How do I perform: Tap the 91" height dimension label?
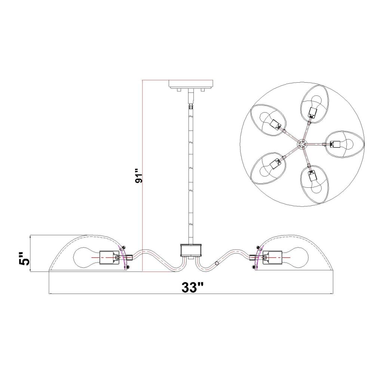(138, 176)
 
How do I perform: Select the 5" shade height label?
(24, 258)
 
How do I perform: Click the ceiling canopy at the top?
(191, 84)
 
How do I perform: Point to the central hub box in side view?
(191, 250)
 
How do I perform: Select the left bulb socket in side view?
(110, 258)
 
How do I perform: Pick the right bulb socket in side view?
(272, 258)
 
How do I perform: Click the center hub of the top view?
(301, 144)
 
